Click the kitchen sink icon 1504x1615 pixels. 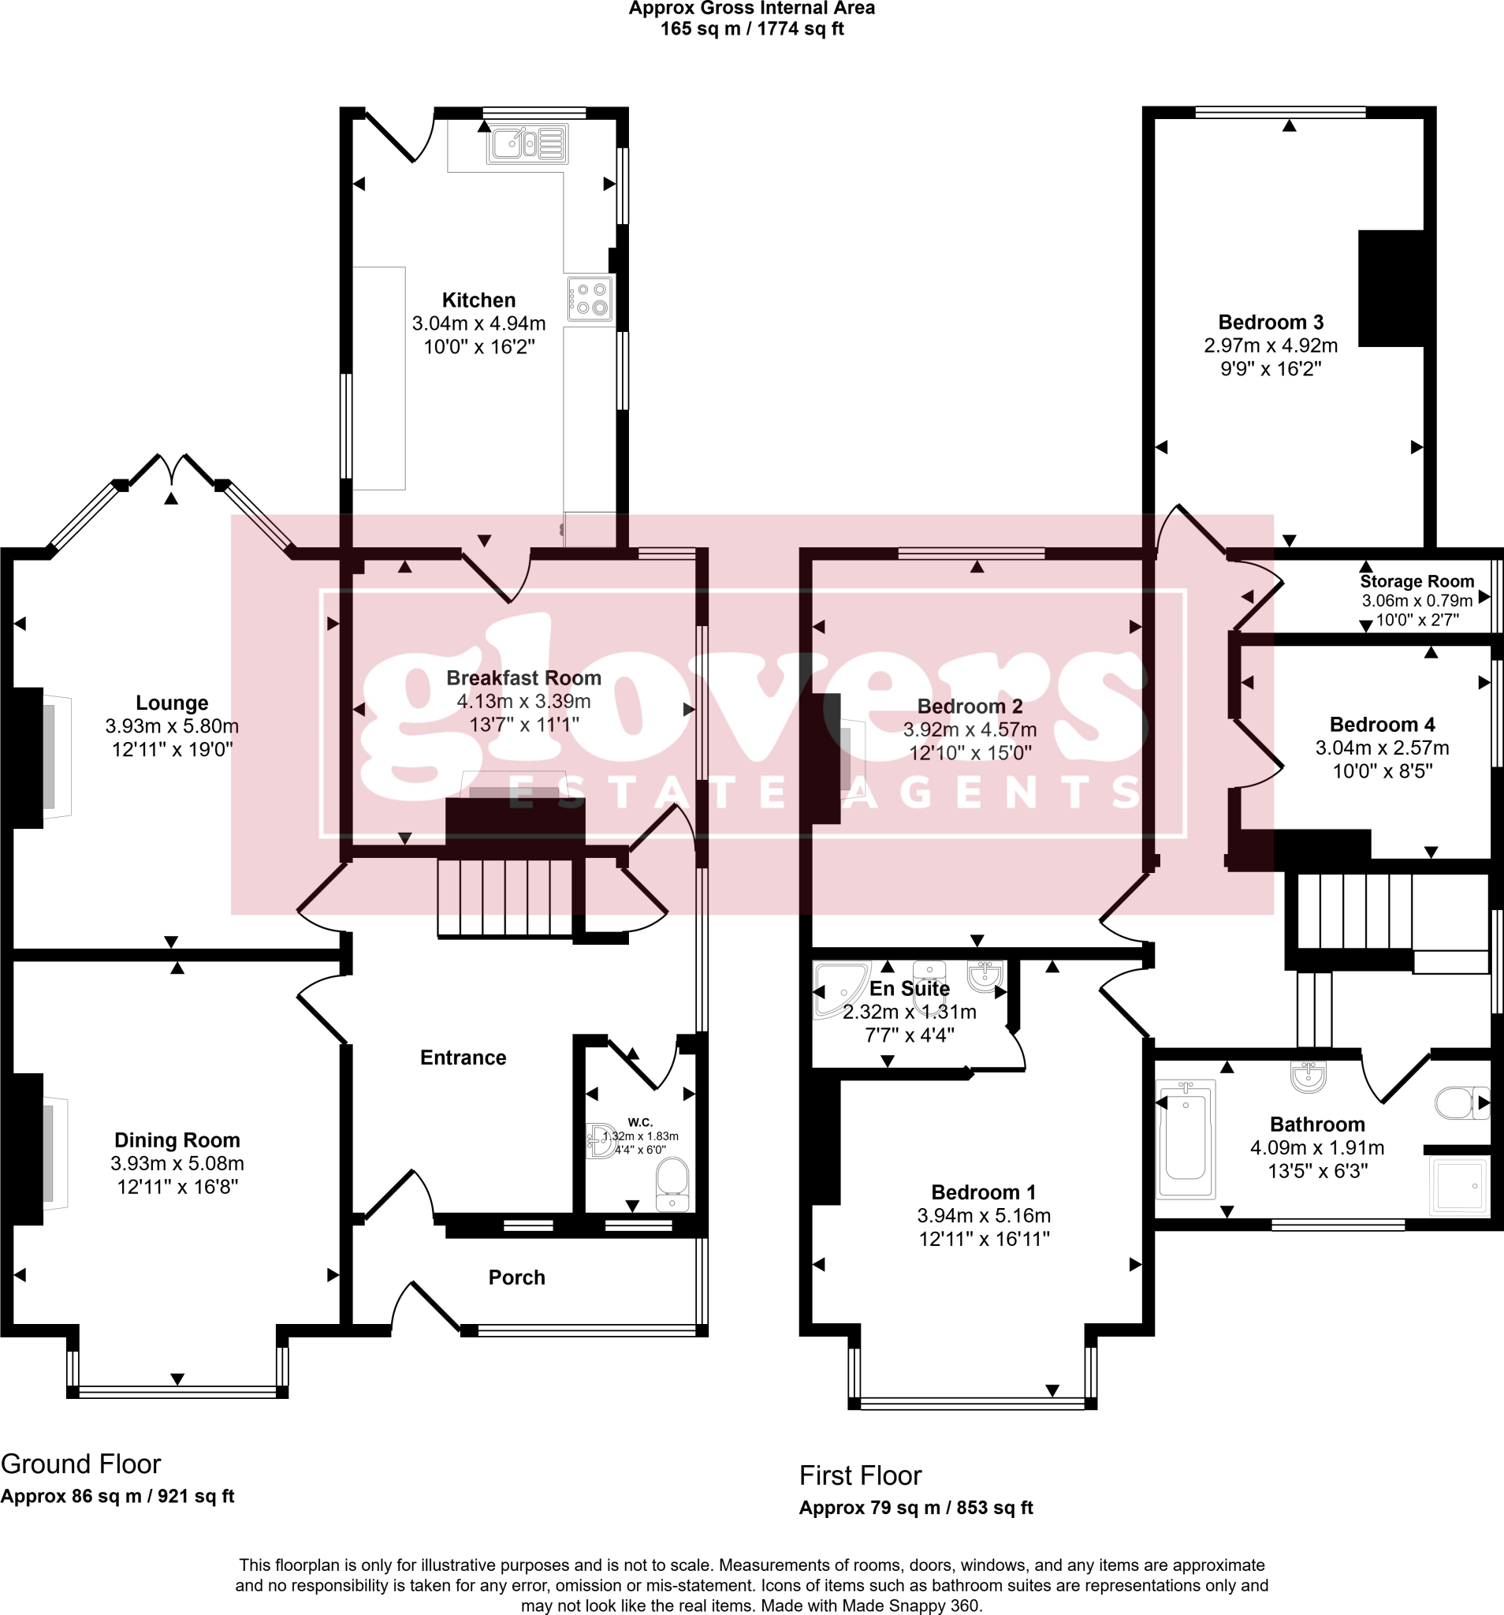(x=527, y=145)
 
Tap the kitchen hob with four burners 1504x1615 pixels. (x=590, y=298)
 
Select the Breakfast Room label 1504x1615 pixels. (x=524, y=677)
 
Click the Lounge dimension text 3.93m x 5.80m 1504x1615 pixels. (x=172, y=726)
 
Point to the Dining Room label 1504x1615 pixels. (x=177, y=1139)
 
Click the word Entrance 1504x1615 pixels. (x=463, y=1057)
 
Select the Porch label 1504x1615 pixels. (x=516, y=1277)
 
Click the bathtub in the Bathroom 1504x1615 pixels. (x=1185, y=1139)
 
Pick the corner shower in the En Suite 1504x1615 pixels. (x=839, y=988)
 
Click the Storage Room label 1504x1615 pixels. (x=1417, y=581)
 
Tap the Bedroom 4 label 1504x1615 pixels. (x=1382, y=724)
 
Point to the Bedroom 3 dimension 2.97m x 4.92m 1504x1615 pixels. (x=1270, y=345)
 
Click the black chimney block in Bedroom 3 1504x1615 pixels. (x=1391, y=289)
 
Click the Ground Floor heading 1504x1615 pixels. (x=80, y=1464)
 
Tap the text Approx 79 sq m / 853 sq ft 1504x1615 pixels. (x=915, y=1508)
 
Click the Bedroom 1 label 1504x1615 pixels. (x=983, y=1192)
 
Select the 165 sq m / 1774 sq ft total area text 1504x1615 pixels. (x=751, y=29)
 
